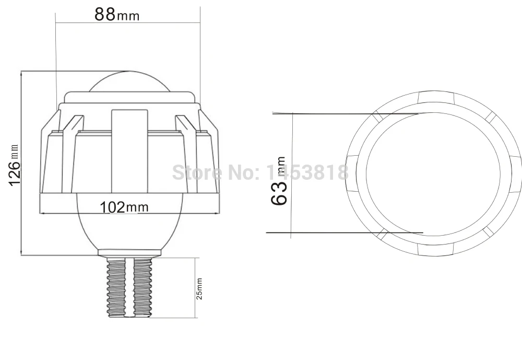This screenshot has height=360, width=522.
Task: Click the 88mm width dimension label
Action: point(117,14)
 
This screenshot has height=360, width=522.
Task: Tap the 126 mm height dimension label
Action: point(14,165)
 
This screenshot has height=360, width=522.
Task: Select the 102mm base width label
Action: point(124,207)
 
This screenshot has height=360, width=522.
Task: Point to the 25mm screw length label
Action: point(199,288)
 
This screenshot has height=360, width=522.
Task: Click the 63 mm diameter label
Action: point(279,181)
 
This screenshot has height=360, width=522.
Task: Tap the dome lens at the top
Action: point(129,82)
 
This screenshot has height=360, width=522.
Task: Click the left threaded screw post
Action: point(116,287)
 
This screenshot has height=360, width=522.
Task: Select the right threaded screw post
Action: point(143,287)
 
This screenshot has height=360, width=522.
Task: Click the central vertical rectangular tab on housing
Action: point(129,152)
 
